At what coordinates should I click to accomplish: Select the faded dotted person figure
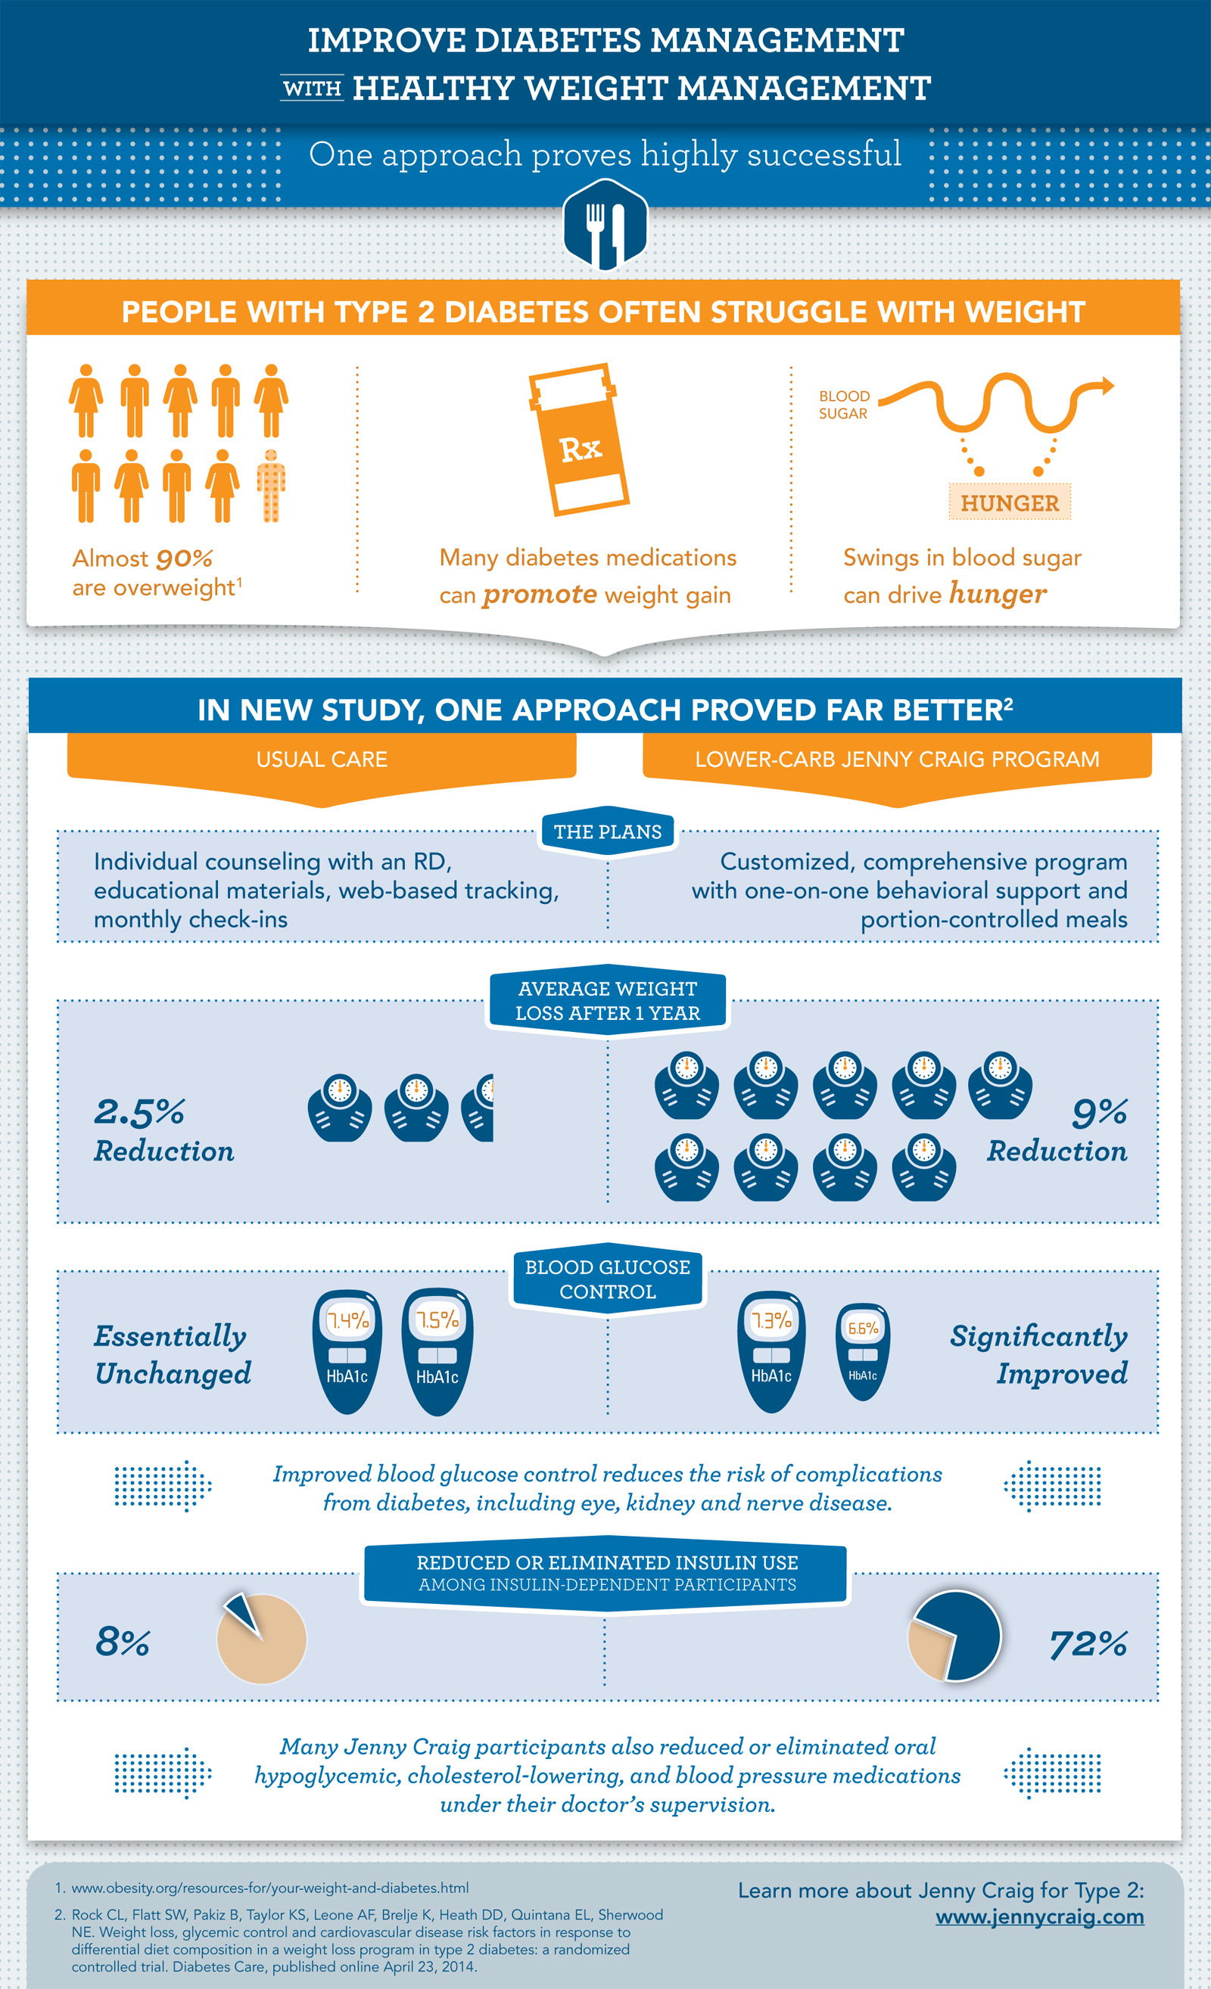[x=271, y=486]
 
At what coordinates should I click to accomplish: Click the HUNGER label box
[x=1009, y=502]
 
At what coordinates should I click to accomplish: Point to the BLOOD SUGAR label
[x=845, y=405]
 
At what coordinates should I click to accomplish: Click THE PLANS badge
[x=608, y=831]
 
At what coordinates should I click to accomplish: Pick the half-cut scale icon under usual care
[x=478, y=1108]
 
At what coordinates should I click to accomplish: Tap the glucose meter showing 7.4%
[x=347, y=1351]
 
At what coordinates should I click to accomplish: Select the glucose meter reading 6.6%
[x=862, y=1351]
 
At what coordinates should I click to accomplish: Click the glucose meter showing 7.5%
[x=437, y=1351]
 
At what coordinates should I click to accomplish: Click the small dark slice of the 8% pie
[x=243, y=1613]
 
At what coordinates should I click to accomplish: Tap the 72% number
[x=1088, y=1643]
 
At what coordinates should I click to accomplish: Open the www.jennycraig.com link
[x=1040, y=1916]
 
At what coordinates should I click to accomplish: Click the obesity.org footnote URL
[x=269, y=1888]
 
